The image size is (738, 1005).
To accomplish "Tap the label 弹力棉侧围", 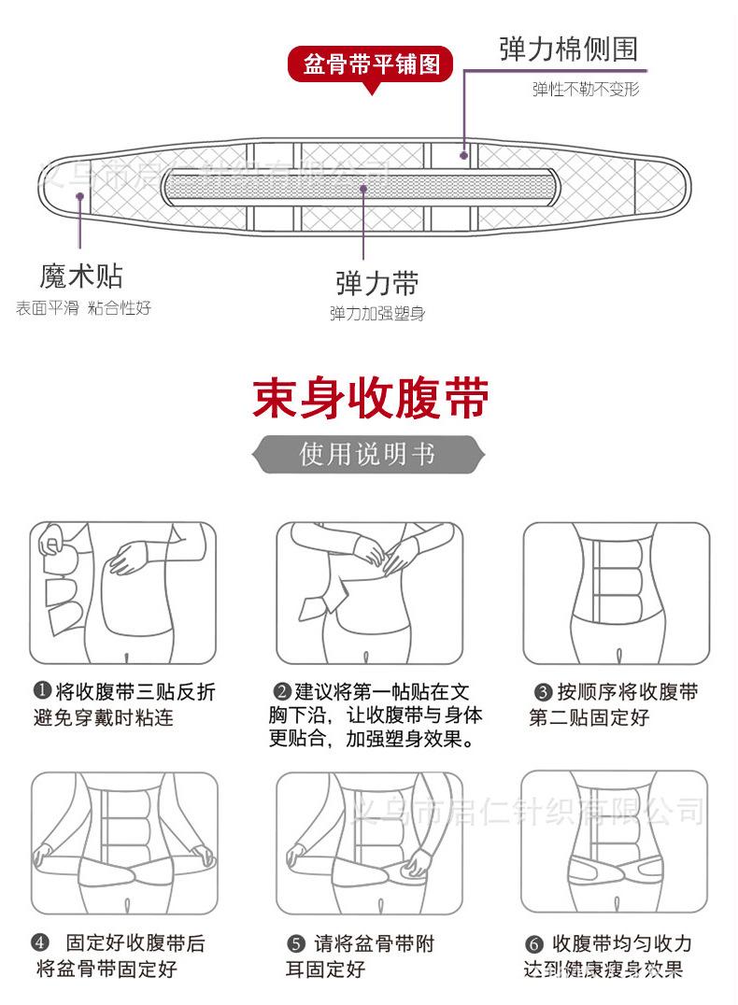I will (569, 49).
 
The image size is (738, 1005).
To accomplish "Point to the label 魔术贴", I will (81, 276).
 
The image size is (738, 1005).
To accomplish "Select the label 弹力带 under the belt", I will (376, 283).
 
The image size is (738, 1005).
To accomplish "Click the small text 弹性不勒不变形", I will (586, 90).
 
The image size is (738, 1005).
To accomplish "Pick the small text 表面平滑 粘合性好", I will (83, 308).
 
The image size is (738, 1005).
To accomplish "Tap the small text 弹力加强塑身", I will (376, 314).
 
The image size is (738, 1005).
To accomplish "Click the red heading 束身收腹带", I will (371, 399).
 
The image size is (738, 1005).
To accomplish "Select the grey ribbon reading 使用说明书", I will (368, 455).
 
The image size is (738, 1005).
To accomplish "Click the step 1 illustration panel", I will (122, 593).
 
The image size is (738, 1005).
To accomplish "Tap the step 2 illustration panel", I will (369, 593).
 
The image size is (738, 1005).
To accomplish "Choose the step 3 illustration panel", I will (615, 593).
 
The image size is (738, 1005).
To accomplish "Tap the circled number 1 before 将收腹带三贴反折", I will (42, 691).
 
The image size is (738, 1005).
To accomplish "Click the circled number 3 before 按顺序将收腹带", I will (543, 692).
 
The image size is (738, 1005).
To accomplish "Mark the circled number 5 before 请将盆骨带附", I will (296, 943).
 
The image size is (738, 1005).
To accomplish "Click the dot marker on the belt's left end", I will (81, 196).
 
